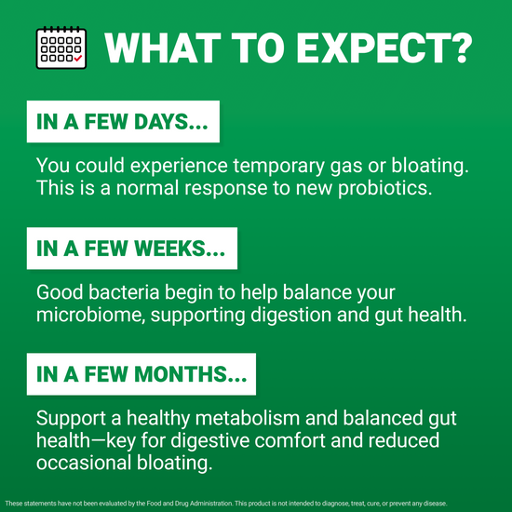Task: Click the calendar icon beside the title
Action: (60, 47)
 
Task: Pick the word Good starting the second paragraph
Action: (58, 293)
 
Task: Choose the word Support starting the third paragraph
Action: (70, 420)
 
